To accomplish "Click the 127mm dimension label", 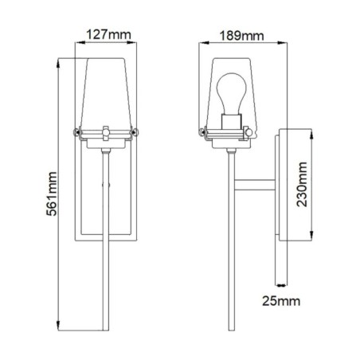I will (106, 35).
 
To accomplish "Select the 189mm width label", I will (243, 35).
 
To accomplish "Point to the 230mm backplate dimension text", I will (300, 186).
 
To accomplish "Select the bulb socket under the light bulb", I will (232, 122).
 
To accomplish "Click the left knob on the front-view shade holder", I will (77, 131).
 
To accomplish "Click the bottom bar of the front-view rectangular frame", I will (107, 236).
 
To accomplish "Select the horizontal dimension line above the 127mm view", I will (107, 45).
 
